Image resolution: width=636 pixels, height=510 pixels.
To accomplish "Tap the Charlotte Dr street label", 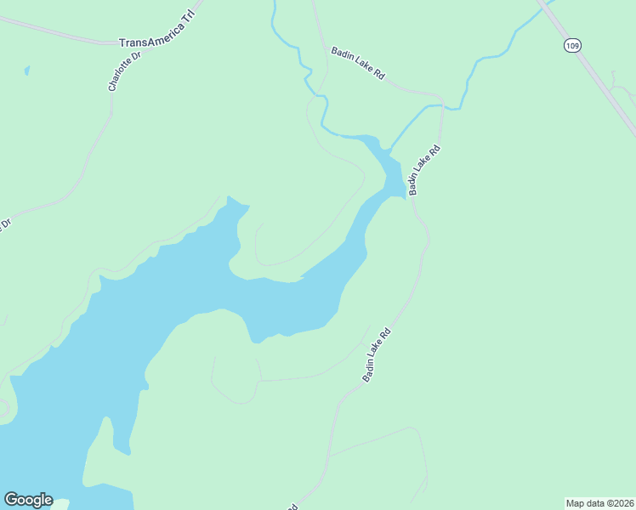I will tap(123, 71).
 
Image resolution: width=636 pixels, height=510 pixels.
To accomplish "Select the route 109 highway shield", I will tap(571, 45).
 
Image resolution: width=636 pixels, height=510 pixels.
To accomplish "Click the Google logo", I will tap(28, 500).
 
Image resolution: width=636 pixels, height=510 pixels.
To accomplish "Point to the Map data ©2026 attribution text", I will tap(599, 503).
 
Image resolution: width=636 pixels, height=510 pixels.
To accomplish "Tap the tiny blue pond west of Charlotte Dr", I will tap(27, 71).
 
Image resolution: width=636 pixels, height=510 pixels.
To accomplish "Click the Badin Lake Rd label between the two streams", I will tap(358, 64).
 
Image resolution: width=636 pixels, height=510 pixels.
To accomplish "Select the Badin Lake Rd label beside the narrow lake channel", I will tap(424, 170).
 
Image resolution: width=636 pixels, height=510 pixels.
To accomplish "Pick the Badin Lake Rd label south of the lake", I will tap(376, 354).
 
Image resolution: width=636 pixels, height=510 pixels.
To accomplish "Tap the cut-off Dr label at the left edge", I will tap(4, 225).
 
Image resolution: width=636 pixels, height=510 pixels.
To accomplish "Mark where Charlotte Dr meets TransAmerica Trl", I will tap(112, 42).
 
